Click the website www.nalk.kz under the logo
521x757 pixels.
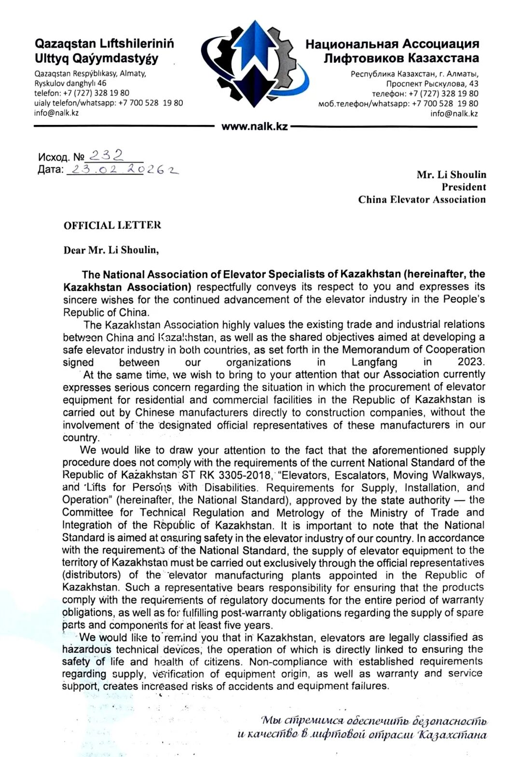254,127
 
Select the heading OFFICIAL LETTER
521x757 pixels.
112,225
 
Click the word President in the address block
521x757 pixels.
464,187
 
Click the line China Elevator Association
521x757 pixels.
422,200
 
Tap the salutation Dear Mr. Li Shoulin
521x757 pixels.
111,250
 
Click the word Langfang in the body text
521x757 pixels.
374,362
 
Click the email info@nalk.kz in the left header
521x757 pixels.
56,113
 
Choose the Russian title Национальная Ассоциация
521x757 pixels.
392,44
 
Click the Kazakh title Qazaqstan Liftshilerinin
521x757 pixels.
104,44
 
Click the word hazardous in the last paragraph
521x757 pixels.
87,649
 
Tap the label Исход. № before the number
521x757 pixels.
61,157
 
